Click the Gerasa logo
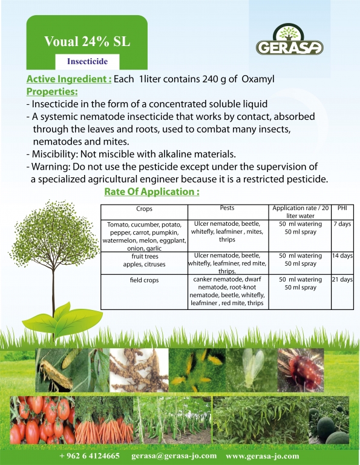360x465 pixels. pyautogui.click(x=289, y=39)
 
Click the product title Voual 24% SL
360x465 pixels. pyautogui.click(x=87, y=42)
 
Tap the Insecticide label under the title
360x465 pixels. pyautogui.click(x=87, y=61)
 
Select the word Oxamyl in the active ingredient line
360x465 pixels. pyautogui.click(x=258, y=79)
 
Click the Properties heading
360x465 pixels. pyautogui.click(x=52, y=91)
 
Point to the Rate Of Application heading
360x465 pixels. pyautogui.click(x=152, y=191)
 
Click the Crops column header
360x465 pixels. pyautogui.click(x=144, y=209)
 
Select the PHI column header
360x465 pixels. pyautogui.click(x=342, y=208)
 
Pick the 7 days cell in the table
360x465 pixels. pyautogui.click(x=342, y=224)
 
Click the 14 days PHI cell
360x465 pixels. pyautogui.click(x=342, y=256)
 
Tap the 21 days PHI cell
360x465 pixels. pyautogui.click(x=342, y=279)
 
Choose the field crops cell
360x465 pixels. pyautogui.click(x=144, y=280)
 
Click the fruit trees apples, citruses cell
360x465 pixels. pyautogui.click(x=144, y=260)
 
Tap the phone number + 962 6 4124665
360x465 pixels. pyautogui.click(x=90, y=456)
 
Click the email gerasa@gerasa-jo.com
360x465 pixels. pyautogui.click(x=174, y=456)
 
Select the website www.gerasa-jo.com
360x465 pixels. pyautogui.click(x=263, y=456)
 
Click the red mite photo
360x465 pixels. pyautogui.click(x=301, y=370)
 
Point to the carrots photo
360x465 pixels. pyautogui.click(x=104, y=420)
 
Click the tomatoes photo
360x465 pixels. pyautogui.click(x=42, y=420)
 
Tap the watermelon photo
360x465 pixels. pyautogui.click(x=329, y=420)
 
